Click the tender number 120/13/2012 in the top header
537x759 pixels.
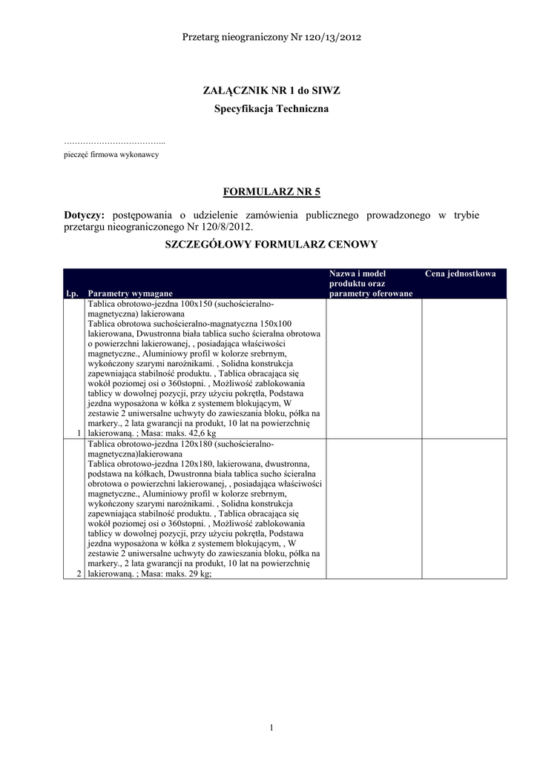tap(332, 36)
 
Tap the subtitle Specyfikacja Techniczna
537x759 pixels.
tap(271, 109)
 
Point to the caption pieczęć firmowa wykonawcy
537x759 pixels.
tap(111, 155)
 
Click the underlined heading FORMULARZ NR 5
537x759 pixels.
tap(271, 192)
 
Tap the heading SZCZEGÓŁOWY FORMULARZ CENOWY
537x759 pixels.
tap(271, 244)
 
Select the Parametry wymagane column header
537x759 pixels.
tap(130, 294)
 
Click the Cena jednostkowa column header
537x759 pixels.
tap(460, 274)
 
